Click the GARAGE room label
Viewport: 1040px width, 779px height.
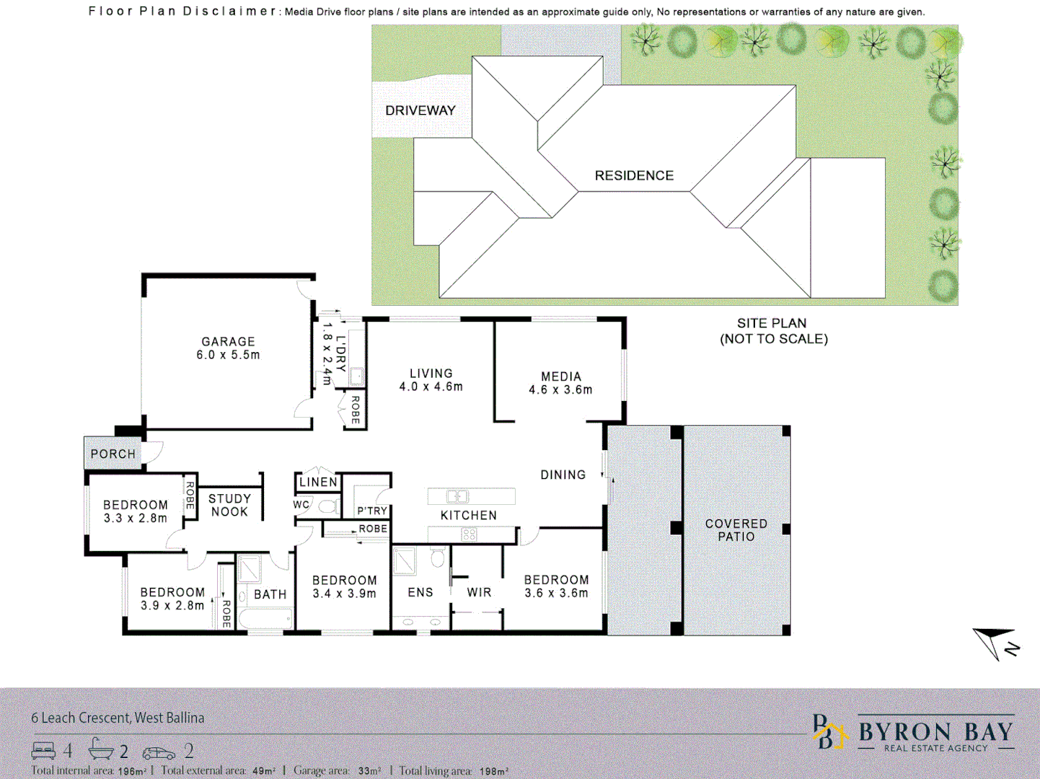click(228, 342)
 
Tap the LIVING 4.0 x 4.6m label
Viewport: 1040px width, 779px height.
click(431, 380)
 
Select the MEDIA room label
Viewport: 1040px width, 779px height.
click(561, 377)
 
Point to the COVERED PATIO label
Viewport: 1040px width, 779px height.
click(736, 530)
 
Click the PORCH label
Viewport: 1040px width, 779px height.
click(113, 454)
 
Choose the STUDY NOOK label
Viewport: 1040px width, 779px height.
click(229, 505)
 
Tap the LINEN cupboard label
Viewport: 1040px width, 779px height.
click(318, 482)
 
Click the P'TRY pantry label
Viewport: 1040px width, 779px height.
click(372, 511)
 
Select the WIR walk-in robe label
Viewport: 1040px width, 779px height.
click(479, 592)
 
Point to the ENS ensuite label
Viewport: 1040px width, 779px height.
click(420, 592)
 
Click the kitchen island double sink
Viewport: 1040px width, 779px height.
click(458, 496)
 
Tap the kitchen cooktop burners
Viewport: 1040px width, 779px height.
click(469, 534)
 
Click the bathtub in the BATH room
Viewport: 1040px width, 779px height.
click(265, 618)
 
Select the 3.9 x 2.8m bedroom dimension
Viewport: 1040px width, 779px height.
click(172, 606)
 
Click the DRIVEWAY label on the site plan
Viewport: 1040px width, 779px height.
click(420, 110)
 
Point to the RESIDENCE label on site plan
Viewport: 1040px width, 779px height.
click(634, 175)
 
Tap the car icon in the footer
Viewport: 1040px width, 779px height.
click(159, 752)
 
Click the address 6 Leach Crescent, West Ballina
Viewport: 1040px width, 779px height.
click(118, 718)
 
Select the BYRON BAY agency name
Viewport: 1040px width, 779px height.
click(935, 732)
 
